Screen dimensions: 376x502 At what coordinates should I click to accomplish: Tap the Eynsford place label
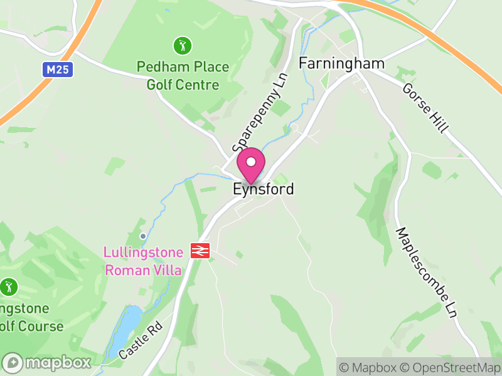point(264,189)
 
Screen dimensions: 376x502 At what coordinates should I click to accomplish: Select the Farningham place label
point(341,63)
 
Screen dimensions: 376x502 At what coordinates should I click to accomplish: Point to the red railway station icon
point(200,251)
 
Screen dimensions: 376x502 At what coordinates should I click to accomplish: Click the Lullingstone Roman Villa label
point(144,261)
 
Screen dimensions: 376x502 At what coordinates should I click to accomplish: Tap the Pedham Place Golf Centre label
point(183,75)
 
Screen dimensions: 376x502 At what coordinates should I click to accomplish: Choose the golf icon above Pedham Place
point(183,45)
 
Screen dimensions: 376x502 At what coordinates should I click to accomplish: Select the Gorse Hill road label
point(426,108)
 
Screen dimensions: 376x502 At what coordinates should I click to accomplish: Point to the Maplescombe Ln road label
point(425,273)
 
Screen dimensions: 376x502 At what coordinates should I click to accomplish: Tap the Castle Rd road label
point(141,340)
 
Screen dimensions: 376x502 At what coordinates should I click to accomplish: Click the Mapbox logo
point(47,363)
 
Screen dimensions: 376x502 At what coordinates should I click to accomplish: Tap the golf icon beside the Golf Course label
point(8,287)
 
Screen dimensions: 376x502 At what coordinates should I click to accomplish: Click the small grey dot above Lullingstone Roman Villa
point(144,236)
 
